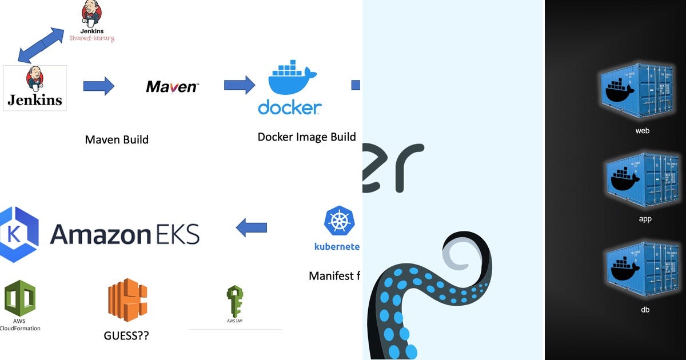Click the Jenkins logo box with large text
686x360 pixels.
point(35,87)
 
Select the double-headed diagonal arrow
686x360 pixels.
point(41,45)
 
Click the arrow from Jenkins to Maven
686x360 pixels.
point(98,86)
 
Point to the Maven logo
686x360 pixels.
point(172,87)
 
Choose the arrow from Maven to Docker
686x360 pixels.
point(239,86)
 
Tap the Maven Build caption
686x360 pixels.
point(117,139)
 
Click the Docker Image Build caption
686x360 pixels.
point(306,137)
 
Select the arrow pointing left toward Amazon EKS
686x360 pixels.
point(252,227)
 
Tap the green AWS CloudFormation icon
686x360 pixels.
point(20,298)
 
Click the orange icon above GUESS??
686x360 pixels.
point(127,298)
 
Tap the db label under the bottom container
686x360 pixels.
point(644,310)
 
